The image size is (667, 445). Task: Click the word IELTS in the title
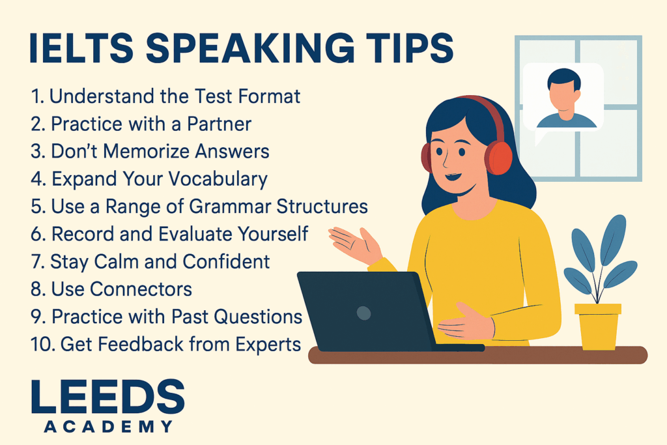tap(81, 48)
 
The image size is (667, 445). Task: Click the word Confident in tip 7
tap(226, 262)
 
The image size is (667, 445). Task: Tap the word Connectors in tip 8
tap(141, 289)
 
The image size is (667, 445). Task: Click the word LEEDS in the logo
tap(108, 397)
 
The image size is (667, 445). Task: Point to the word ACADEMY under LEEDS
tap(109, 426)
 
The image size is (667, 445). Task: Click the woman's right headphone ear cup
tap(498, 158)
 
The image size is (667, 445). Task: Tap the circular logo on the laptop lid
tap(363, 313)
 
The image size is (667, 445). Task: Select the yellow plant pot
tap(598, 326)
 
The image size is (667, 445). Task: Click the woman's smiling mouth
tap(453, 176)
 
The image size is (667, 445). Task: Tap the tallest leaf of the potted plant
tap(613, 240)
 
